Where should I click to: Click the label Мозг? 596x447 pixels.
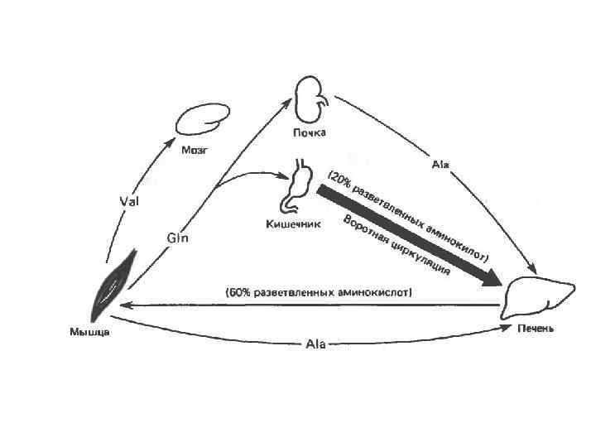pyautogui.click(x=196, y=151)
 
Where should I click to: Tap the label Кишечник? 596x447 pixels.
pyautogui.click(x=292, y=223)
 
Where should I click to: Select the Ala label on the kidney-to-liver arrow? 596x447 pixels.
pyautogui.click(x=440, y=165)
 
